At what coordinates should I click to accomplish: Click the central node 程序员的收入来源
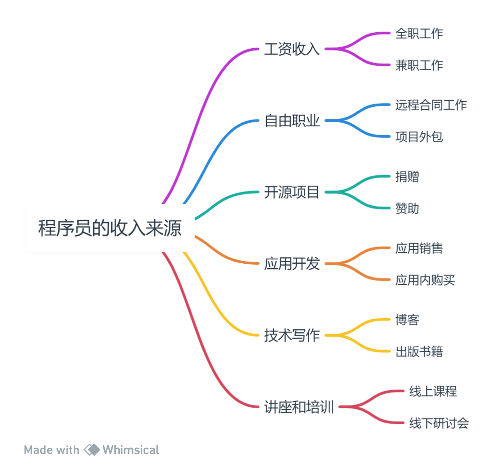click(110, 228)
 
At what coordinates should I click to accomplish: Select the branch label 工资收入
click(292, 49)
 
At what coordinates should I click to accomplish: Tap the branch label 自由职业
click(292, 121)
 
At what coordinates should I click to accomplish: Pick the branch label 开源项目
click(292, 192)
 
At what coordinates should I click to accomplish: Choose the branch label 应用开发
click(292, 264)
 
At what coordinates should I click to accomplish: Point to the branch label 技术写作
click(292, 335)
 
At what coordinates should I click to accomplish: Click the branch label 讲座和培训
click(299, 407)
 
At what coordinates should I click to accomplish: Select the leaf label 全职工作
click(419, 33)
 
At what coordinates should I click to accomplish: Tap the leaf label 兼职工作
click(419, 65)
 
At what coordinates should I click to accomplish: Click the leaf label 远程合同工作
click(431, 105)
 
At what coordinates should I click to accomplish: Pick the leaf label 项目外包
click(419, 137)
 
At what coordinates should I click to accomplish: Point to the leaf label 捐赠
click(407, 177)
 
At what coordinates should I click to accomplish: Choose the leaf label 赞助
click(407, 208)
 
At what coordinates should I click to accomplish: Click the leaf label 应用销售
click(419, 248)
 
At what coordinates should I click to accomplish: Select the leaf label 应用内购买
click(425, 280)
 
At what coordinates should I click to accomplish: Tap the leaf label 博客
click(407, 320)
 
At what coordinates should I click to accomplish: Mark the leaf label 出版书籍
click(419, 351)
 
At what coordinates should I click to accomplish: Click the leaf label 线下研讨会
click(439, 423)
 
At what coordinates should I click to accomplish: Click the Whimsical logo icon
click(92, 450)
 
